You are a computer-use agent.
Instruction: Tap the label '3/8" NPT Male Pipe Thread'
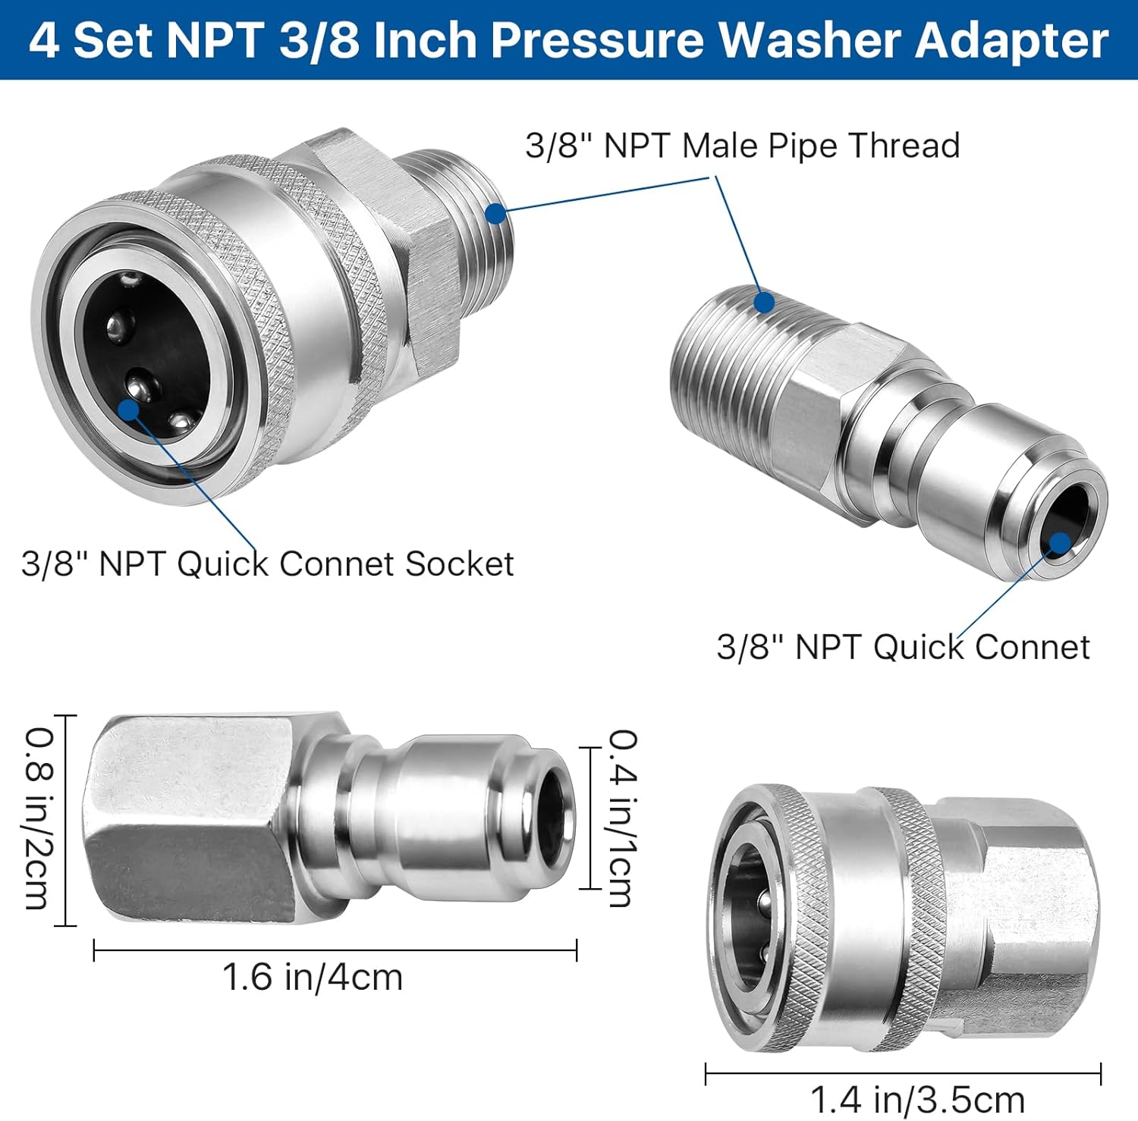[x=742, y=146]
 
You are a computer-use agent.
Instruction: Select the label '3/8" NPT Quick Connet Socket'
[x=267, y=564]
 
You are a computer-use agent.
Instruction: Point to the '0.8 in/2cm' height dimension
[x=38, y=819]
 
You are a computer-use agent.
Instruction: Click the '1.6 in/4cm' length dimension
[x=312, y=977]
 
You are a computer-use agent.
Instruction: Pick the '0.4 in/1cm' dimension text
[x=623, y=819]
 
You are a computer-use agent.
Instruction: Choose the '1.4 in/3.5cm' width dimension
[x=917, y=1099]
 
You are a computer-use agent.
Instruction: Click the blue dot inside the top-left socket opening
[x=129, y=409]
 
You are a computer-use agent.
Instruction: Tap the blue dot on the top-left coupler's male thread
[x=495, y=214]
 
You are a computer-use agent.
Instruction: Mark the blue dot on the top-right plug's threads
[x=764, y=303]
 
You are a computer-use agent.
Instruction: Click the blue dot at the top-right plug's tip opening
[x=1059, y=542]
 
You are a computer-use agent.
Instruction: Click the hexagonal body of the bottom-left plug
[x=190, y=819]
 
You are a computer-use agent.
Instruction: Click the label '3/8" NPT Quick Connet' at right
[x=903, y=647]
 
